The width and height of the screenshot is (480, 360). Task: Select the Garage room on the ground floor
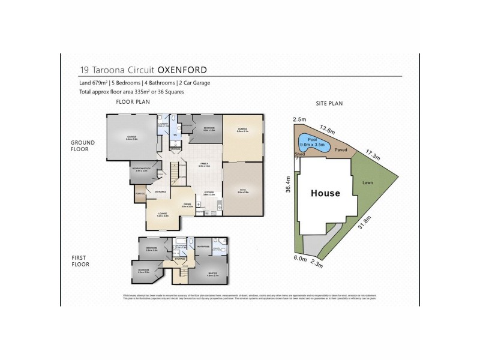click(132, 137)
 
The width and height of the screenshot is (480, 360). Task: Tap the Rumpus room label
click(242, 130)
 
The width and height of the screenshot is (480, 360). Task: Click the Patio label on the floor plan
click(242, 190)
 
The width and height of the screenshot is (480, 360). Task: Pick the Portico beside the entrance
click(140, 194)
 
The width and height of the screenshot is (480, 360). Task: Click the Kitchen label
click(209, 194)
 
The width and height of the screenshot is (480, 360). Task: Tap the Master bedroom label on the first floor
click(213, 274)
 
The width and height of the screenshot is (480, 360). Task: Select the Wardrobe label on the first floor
click(203, 247)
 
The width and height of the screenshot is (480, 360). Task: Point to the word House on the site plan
click(325, 193)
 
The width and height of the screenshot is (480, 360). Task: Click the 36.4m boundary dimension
click(289, 184)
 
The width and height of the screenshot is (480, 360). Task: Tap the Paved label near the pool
click(341, 149)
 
